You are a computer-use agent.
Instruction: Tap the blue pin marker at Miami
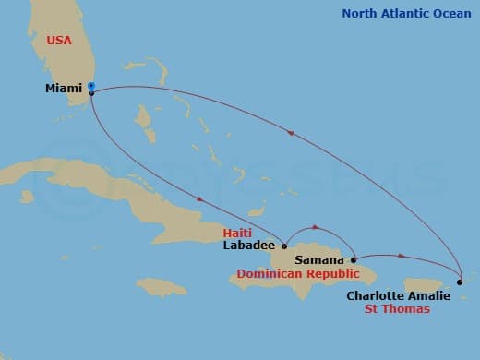[x=91, y=89]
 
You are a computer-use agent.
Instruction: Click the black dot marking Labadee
[x=284, y=246]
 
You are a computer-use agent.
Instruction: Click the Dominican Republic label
[x=297, y=275]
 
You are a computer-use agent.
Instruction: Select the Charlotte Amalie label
[x=398, y=295]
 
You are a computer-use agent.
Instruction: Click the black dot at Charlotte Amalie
[x=459, y=281]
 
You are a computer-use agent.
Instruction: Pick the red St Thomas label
[x=398, y=309]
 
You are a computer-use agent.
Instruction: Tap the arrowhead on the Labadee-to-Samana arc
[x=318, y=226]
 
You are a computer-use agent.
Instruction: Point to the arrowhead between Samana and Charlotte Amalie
[x=401, y=255]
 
